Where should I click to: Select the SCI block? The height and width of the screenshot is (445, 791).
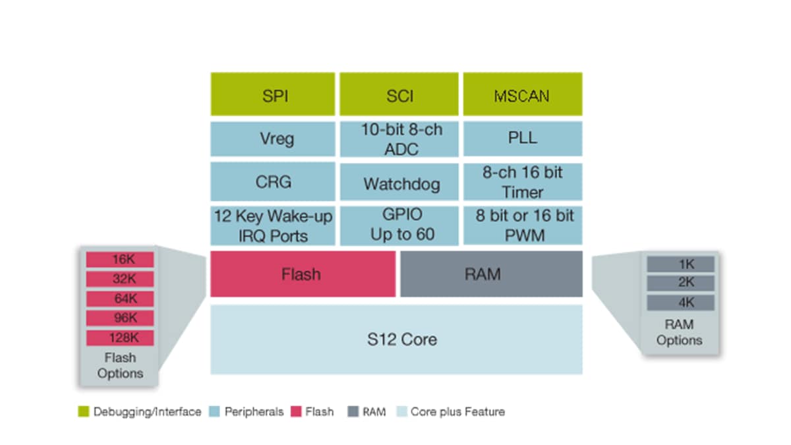coord(400,95)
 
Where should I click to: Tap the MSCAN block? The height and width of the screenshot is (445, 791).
coord(522,95)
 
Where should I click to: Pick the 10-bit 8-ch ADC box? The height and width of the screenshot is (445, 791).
coord(400,139)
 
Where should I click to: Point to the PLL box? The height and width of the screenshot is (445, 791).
coord(522,139)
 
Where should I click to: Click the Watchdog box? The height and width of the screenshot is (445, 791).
coord(400,183)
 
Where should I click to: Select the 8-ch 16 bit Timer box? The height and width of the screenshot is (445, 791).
coord(522,182)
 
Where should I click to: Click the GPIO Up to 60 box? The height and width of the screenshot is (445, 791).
coord(400,225)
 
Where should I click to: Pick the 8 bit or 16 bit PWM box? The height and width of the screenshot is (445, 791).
coord(522,225)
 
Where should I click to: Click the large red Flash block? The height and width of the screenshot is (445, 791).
coord(303,274)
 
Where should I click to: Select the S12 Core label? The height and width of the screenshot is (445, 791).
coord(401,340)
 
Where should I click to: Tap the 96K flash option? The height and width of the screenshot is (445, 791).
coord(120,318)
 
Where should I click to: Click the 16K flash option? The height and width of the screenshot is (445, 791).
coord(120,260)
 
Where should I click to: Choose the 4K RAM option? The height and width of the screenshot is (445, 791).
coord(680,303)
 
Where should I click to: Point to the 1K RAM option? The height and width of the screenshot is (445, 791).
coord(680,264)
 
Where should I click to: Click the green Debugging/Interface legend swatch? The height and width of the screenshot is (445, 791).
coord(83,412)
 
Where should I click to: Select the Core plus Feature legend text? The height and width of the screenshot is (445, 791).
coord(457,412)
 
